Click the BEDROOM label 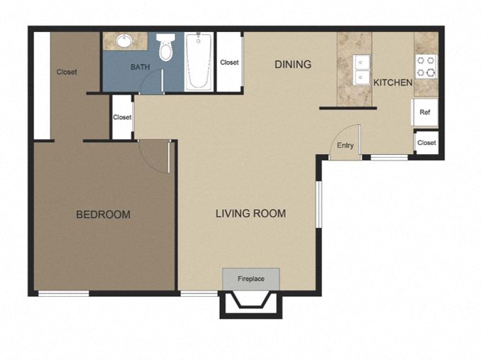pyautogui.click(x=103, y=214)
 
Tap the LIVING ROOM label pyautogui.click(x=250, y=213)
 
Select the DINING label pyautogui.click(x=293, y=65)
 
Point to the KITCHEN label pyautogui.click(x=393, y=82)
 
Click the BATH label pyautogui.click(x=140, y=67)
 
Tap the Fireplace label pyautogui.click(x=251, y=279)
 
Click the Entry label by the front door pyautogui.click(x=345, y=146)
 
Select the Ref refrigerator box pyautogui.click(x=424, y=112)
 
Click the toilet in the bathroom pyautogui.click(x=166, y=47)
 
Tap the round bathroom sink pyautogui.click(x=125, y=40)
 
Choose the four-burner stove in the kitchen pyautogui.click(x=426, y=66)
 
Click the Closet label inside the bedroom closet pyautogui.click(x=67, y=72)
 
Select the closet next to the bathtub pyautogui.click(x=229, y=62)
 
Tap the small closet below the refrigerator pyautogui.click(x=426, y=143)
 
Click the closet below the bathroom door pyautogui.click(x=122, y=117)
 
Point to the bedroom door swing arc pyautogui.click(x=153, y=153)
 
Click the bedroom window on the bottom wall pyautogui.click(x=63, y=293)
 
